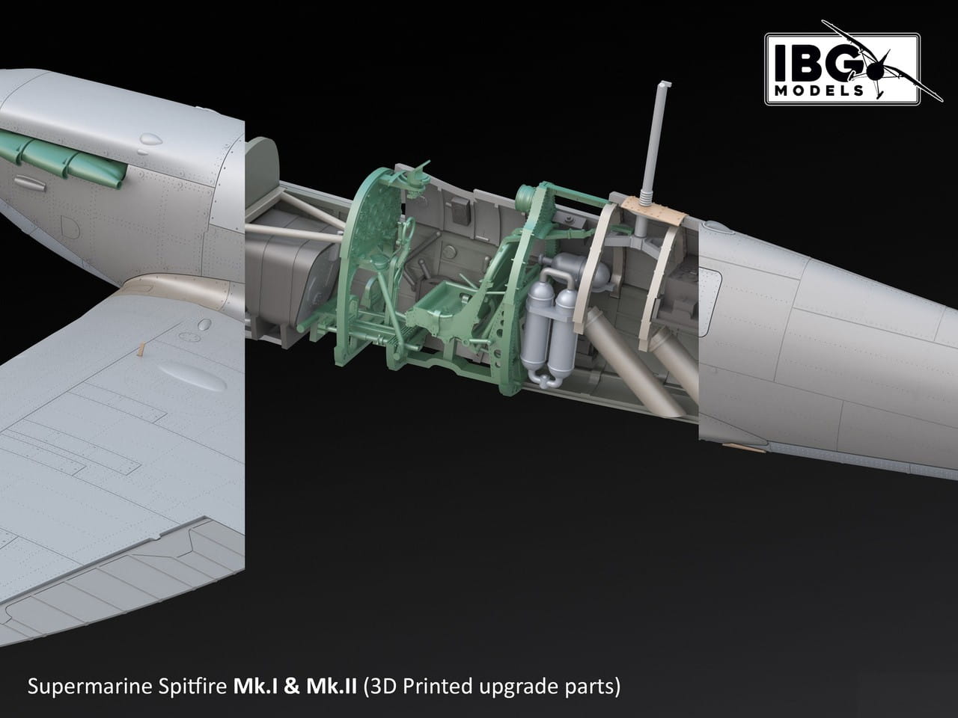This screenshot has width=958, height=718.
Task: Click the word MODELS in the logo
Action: click(x=819, y=90)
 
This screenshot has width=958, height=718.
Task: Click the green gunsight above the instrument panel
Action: click(x=415, y=179)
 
